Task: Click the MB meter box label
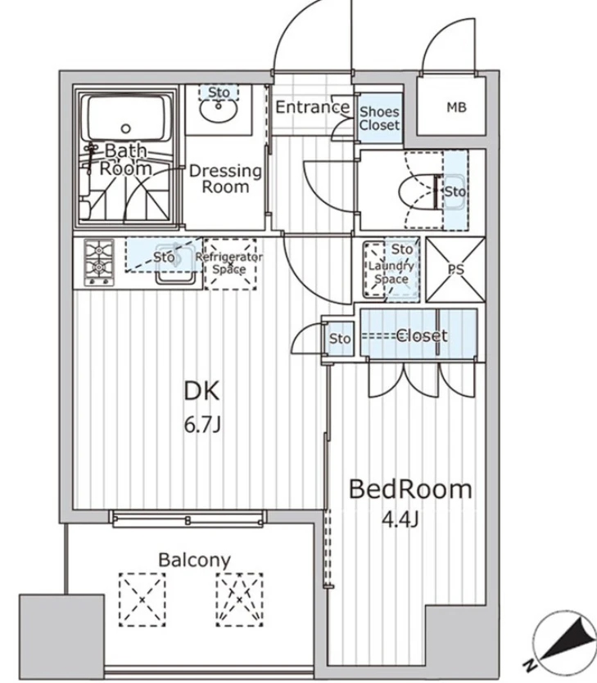[x=457, y=107]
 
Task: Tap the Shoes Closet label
[x=379, y=119]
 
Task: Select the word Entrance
[x=313, y=107]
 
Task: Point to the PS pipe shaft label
[x=456, y=270]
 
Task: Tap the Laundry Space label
[x=391, y=272]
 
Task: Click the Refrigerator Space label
[x=229, y=263]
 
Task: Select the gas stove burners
[x=99, y=263]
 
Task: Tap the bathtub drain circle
[x=126, y=128]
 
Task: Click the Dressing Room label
[x=225, y=178]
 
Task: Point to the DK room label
[x=202, y=391]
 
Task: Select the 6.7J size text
[x=202, y=425]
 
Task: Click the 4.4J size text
[x=400, y=519]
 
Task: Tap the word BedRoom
[x=410, y=489]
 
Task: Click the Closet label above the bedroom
[x=421, y=335]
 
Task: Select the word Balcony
[x=194, y=560]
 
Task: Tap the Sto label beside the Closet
[x=340, y=339]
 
